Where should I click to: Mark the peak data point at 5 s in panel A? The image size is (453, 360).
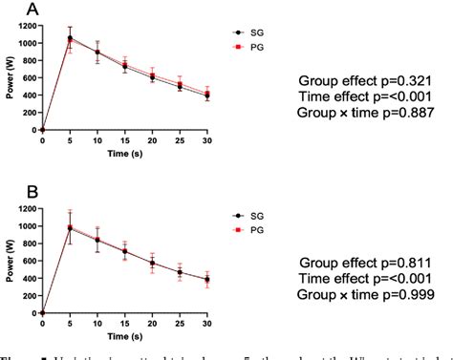[69, 39]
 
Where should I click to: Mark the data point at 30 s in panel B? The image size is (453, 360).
[206, 279]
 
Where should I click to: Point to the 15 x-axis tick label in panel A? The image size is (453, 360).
[124, 139]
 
